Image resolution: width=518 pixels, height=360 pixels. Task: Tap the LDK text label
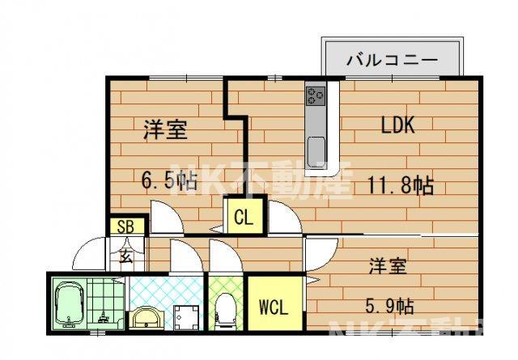point(398,125)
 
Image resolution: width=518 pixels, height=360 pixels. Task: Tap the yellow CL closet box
point(243,216)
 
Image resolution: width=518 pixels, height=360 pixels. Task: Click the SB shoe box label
point(126,227)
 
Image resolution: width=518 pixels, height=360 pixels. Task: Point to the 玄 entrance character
point(126,257)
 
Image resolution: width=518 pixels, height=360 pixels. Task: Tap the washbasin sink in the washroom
point(146,316)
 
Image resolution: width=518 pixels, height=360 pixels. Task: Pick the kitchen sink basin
point(316,149)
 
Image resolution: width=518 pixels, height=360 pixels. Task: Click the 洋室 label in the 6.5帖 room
point(165,129)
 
